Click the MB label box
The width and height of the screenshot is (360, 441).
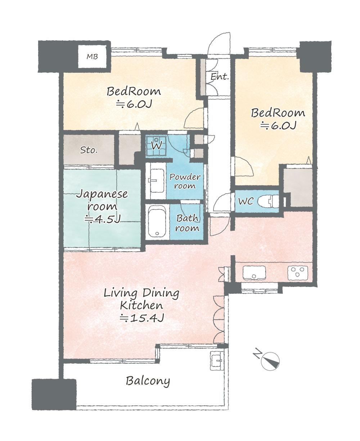pos(92,57)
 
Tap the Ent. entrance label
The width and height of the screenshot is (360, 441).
pos(220,77)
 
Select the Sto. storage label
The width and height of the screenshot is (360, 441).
pos(89,150)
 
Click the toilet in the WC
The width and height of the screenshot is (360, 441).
pos(269,201)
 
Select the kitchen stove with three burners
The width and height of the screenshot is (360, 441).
pos(298,273)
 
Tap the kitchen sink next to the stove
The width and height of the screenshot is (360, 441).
pos(255,273)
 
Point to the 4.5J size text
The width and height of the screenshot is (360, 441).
pos(102,219)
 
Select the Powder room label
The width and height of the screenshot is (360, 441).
pos(185,181)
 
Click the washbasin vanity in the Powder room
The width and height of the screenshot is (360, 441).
pos(156,181)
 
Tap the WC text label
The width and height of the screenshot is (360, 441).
pos(246,201)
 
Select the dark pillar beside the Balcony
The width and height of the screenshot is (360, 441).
pos(54,391)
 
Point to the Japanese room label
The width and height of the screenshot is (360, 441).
pos(102,201)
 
